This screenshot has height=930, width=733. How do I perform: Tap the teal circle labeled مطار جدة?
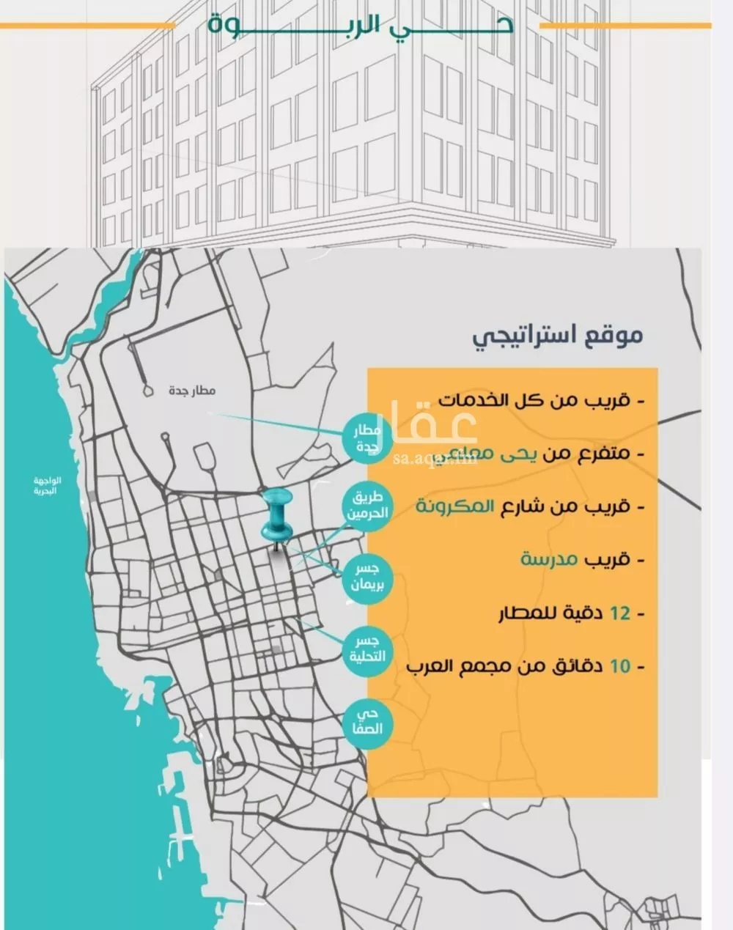[x=366, y=438]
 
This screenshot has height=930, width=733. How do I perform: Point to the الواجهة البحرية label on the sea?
[x=48, y=486]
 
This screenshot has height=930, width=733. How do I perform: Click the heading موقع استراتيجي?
[x=557, y=336]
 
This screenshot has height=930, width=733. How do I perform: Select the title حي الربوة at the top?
[x=359, y=25]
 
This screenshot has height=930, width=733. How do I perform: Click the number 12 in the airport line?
[x=620, y=613]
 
